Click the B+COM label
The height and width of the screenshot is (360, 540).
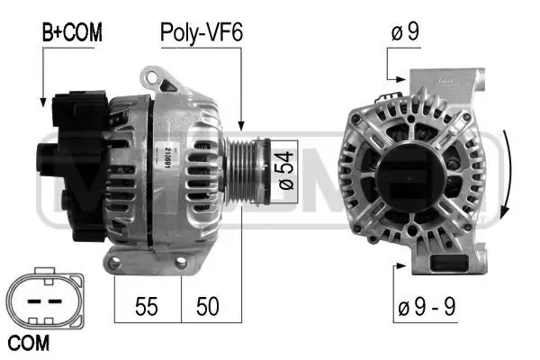(72, 33)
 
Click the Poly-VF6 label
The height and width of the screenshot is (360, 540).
(202, 33)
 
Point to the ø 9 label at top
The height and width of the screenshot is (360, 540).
(404, 33)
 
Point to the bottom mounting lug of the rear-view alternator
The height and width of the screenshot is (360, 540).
(444, 261)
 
